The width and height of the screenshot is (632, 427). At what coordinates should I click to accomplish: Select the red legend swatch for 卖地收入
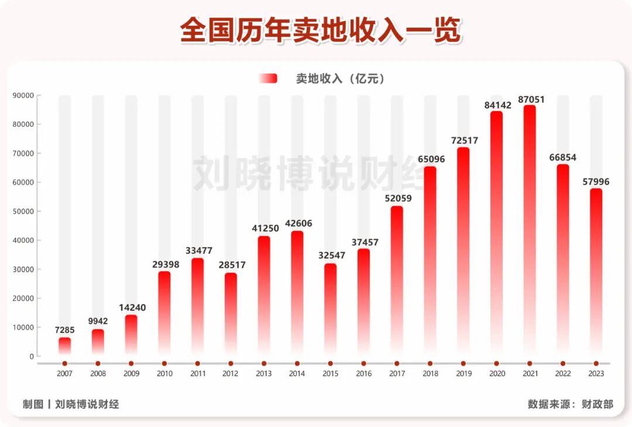268,79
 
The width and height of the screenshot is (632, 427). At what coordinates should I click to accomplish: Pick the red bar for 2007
64,346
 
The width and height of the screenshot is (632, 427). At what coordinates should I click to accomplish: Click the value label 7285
64,330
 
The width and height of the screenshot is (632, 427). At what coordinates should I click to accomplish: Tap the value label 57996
596,182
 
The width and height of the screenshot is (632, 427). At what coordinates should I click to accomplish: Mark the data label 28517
231,265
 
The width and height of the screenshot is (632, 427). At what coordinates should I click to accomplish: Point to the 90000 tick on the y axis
23,96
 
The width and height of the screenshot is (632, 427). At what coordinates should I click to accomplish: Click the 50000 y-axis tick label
23,211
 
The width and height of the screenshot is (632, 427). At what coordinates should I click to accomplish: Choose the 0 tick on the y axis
31,356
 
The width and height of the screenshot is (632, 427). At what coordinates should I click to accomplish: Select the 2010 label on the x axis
164,374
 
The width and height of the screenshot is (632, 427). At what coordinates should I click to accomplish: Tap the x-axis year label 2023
596,374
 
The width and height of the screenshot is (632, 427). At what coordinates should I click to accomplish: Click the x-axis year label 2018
430,374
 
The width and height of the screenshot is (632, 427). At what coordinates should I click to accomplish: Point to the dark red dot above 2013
264,363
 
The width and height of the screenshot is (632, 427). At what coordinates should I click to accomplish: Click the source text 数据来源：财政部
570,404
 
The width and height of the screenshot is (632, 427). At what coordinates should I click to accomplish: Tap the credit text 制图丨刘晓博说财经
71,404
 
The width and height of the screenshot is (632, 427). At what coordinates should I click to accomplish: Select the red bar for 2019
463,251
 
